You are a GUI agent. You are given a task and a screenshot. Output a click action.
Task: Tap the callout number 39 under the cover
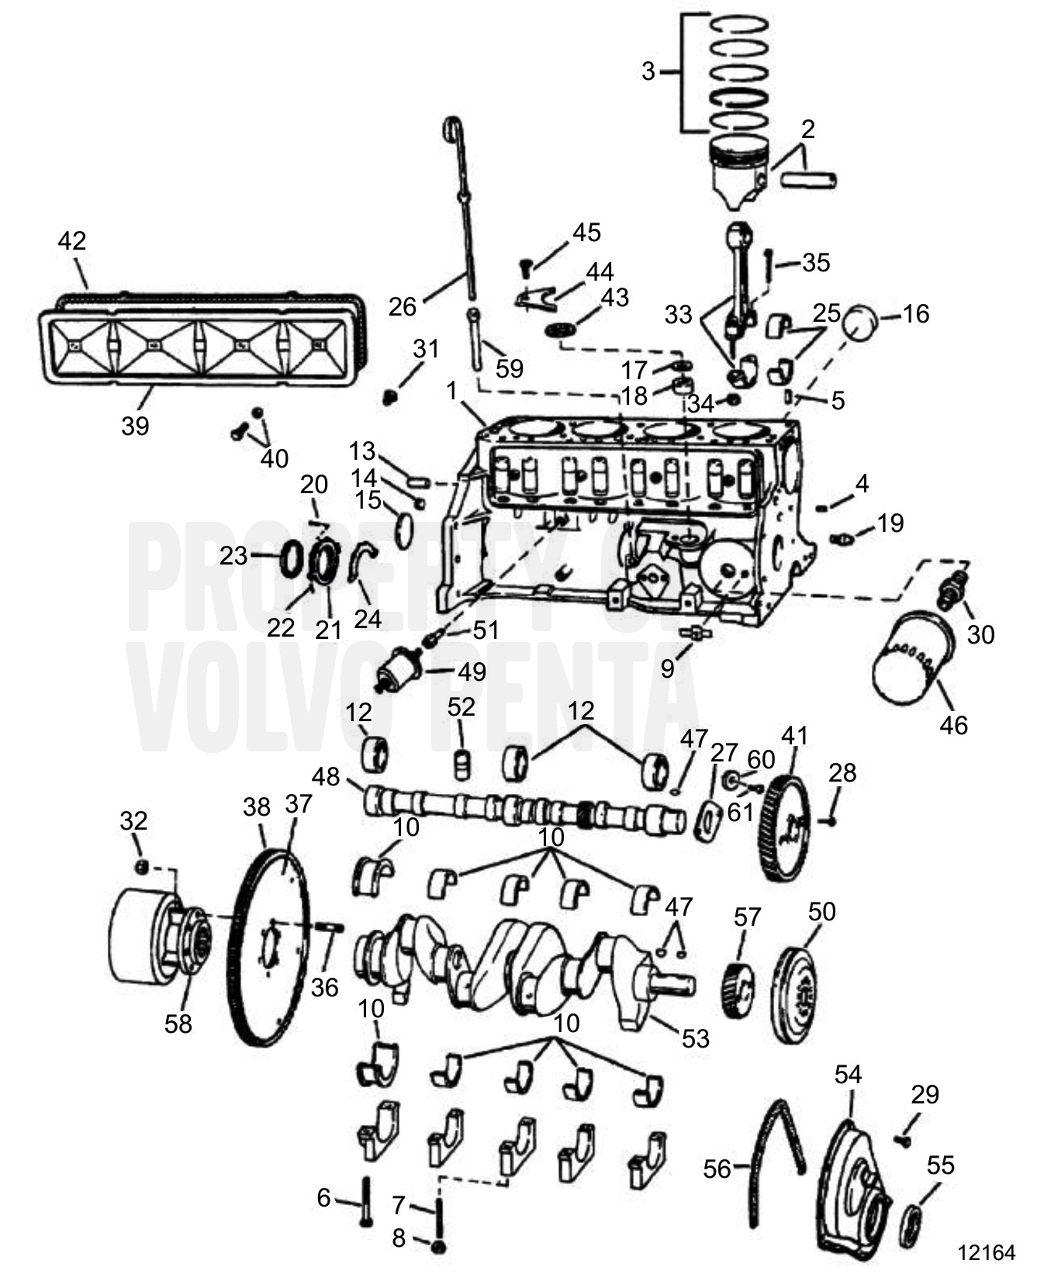click(x=135, y=425)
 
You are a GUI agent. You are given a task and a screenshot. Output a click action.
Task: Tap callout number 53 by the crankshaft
click(x=695, y=1038)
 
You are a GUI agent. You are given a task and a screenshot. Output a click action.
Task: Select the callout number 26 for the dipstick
click(x=403, y=307)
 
